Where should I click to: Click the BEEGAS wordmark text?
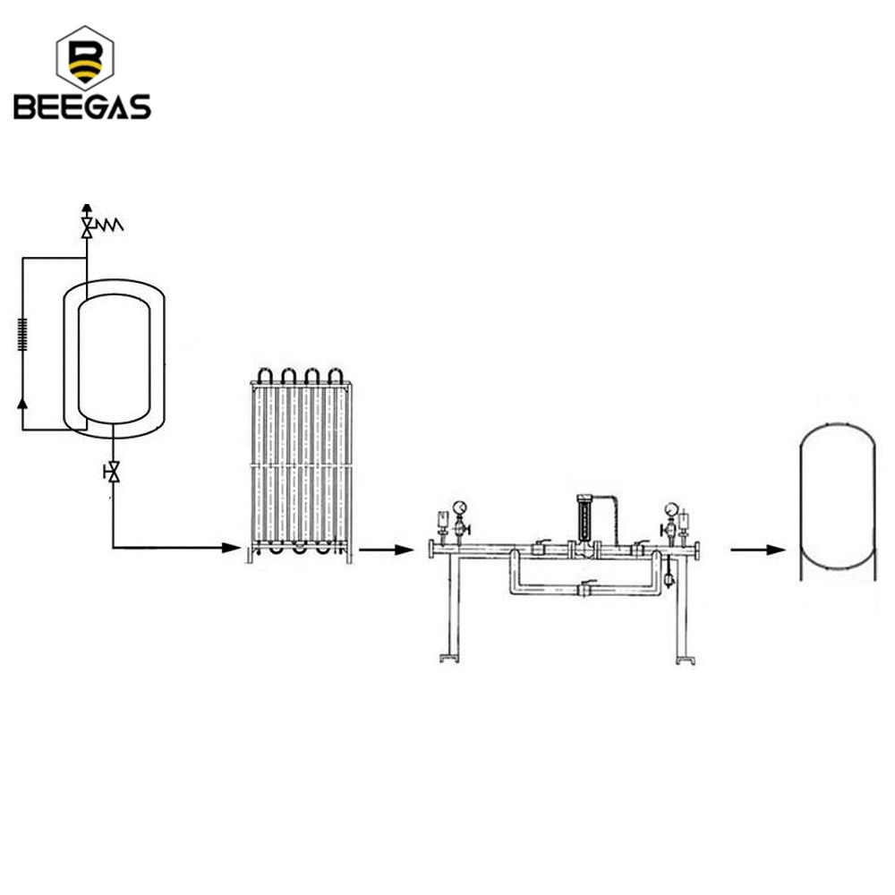click(82, 107)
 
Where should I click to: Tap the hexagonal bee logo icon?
click(85, 57)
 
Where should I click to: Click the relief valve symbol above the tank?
click(87, 227)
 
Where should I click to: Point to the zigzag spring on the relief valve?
click(109, 226)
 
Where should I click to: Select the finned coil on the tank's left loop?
click(23, 334)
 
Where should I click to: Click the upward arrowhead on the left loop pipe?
click(22, 403)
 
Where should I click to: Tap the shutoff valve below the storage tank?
click(113, 472)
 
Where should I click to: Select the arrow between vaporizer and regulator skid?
click(386, 550)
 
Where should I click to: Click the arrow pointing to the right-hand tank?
click(758, 550)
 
